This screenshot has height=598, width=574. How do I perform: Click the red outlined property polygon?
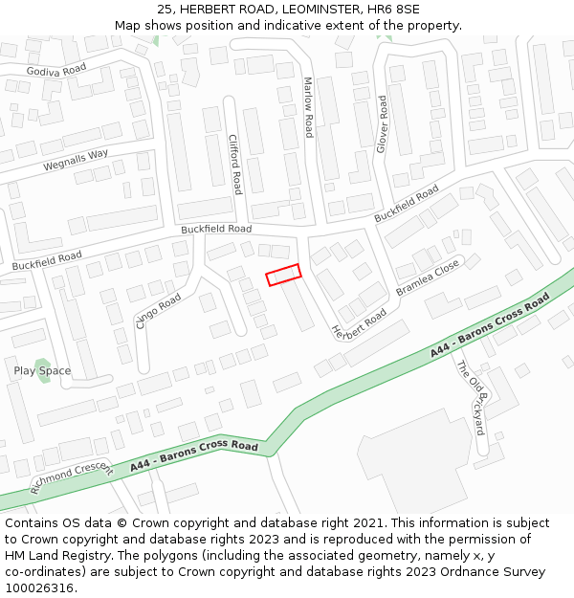[x=283, y=275]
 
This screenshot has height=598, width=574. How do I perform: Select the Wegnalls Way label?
[x=76, y=160]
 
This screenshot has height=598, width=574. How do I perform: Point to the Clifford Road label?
[x=235, y=164]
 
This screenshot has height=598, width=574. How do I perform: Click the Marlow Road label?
[x=308, y=107]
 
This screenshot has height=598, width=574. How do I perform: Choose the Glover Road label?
[x=382, y=124]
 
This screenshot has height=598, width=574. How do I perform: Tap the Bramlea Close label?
[x=428, y=277]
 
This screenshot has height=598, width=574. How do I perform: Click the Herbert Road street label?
[x=359, y=324]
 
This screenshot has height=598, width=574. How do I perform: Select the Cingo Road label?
[x=158, y=312]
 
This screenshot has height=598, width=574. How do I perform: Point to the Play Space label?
[x=42, y=370]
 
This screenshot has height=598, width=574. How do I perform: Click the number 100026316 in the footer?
[x=41, y=588]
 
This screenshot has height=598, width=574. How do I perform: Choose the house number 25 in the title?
[x=166, y=9]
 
